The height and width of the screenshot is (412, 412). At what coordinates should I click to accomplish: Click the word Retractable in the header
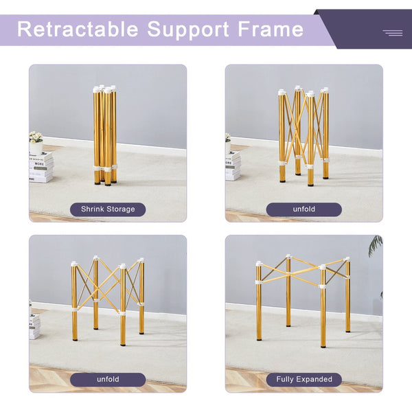(78, 29)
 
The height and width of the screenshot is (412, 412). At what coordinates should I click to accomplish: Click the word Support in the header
(188, 30)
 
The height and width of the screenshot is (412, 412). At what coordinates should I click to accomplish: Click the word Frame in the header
(271, 29)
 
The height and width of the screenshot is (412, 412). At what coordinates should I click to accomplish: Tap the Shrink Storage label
(108, 209)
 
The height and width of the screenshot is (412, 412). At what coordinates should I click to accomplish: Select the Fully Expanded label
(304, 379)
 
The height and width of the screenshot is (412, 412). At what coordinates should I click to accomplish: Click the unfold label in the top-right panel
(304, 209)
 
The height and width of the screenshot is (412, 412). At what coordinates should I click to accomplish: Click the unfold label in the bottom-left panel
(108, 379)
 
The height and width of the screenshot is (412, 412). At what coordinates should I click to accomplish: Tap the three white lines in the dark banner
(393, 33)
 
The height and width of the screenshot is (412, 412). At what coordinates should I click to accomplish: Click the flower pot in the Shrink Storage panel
(36, 148)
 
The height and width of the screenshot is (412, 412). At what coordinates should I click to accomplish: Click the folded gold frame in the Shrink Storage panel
(105, 135)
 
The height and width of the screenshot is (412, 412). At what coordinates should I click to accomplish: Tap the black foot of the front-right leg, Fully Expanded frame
(323, 345)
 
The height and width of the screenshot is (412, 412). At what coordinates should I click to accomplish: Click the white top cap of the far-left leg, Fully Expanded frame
(259, 263)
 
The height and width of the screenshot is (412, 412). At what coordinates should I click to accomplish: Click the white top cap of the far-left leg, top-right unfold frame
(282, 92)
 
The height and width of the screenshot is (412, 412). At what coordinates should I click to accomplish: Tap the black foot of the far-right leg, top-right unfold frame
(325, 177)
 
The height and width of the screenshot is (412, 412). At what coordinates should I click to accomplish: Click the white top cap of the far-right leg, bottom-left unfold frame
(141, 260)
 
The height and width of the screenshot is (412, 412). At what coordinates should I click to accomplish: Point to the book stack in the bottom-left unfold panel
(35, 326)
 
